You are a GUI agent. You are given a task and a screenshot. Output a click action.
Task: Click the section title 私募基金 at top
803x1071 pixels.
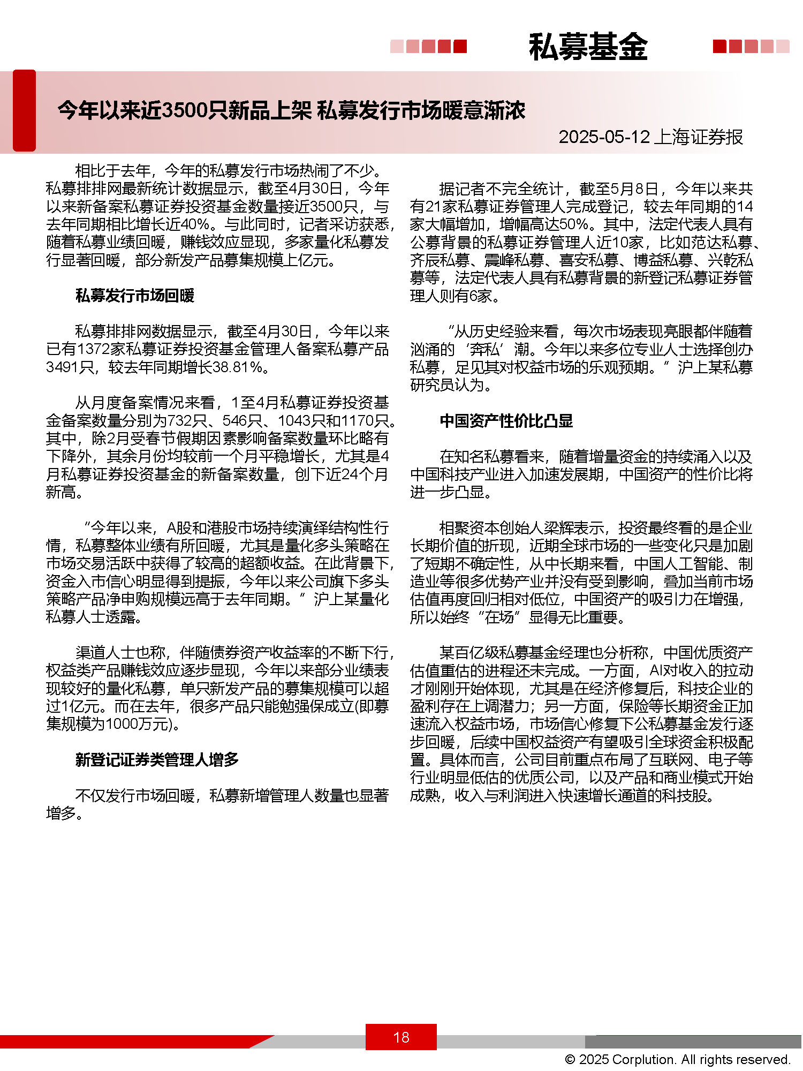click(x=588, y=47)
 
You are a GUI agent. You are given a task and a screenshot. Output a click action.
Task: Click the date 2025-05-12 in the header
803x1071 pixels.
click(x=603, y=137)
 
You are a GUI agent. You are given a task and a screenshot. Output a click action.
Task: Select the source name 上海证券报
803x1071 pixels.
click(x=698, y=137)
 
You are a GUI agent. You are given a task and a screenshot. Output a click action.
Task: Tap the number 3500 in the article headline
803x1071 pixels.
click(x=184, y=110)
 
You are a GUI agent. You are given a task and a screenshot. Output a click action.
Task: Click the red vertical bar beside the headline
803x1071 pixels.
click(x=24, y=110)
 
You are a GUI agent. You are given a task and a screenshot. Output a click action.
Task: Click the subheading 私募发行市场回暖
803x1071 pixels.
click(x=134, y=296)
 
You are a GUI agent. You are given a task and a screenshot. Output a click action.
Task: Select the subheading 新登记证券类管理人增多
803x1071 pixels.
click(x=156, y=759)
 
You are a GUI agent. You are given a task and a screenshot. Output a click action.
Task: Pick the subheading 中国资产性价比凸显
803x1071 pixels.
click(x=506, y=421)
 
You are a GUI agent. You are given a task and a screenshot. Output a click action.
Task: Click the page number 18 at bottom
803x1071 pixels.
click(x=401, y=1037)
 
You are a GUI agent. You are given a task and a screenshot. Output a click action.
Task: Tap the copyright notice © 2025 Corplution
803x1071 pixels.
click(x=677, y=1059)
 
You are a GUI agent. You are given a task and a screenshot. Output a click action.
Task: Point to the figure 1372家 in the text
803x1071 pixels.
click(x=101, y=349)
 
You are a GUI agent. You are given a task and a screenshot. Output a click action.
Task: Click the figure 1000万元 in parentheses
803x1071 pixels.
click(x=137, y=724)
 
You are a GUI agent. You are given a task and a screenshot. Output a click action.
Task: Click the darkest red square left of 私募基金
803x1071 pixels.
click(x=460, y=47)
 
